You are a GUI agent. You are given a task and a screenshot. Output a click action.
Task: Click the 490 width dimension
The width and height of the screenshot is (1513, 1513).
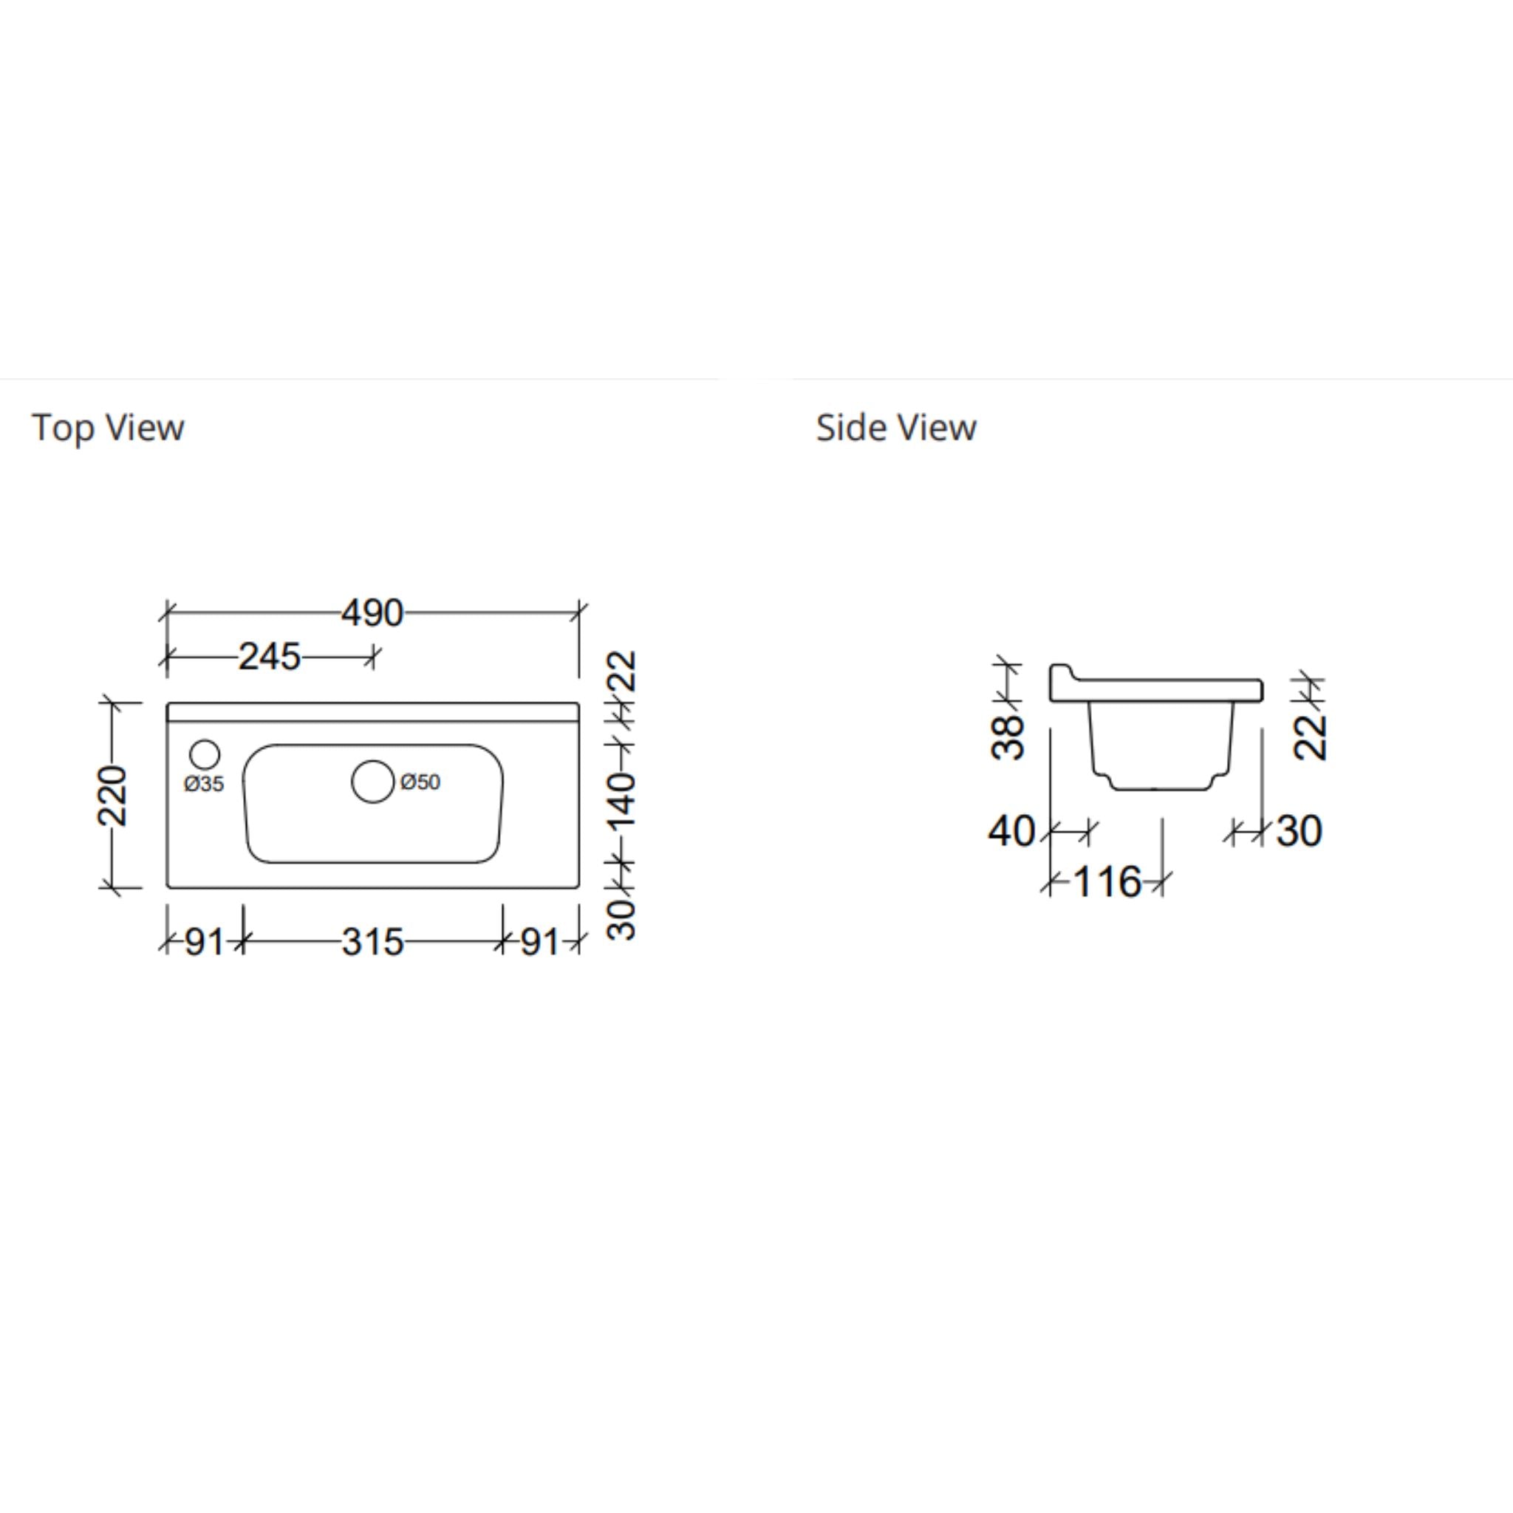click(x=372, y=613)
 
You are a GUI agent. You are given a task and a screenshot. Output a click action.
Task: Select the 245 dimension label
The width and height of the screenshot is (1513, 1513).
click(x=270, y=657)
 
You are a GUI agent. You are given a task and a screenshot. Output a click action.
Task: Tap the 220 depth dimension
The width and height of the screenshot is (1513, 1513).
click(x=112, y=796)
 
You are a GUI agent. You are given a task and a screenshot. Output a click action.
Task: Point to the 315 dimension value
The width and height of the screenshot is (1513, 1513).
click(x=372, y=942)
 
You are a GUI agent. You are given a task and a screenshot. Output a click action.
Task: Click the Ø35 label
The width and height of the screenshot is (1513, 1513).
click(x=204, y=783)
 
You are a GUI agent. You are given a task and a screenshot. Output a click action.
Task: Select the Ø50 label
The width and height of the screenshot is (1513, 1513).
click(x=420, y=782)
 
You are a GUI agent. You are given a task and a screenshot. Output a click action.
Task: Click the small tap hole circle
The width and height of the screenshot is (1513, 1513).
click(x=205, y=754)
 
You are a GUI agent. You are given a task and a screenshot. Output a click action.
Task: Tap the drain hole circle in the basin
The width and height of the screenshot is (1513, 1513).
click(x=373, y=782)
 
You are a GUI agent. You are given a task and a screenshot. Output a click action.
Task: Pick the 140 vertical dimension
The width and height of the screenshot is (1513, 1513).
click(x=624, y=801)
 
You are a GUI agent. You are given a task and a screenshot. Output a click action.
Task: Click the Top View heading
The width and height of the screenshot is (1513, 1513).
click(x=108, y=428)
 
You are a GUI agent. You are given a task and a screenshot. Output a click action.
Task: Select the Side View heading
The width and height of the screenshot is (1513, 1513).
click(x=896, y=428)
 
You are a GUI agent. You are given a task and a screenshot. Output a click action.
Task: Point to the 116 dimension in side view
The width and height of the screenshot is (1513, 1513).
click(x=1107, y=883)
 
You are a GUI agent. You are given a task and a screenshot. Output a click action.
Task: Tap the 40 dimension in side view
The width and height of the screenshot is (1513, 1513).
click(x=1012, y=831)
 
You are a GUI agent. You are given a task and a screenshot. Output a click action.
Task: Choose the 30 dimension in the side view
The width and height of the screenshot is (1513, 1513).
click(x=1299, y=831)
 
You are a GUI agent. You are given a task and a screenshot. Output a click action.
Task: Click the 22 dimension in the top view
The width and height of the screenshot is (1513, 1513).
click(x=624, y=670)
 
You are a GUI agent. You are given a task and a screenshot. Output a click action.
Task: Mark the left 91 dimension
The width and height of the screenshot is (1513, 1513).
click(x=205, y=942)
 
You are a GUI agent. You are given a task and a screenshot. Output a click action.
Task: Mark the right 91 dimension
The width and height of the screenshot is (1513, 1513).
click(x=540, y=942)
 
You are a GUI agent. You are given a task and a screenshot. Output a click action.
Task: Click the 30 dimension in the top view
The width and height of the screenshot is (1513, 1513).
click(x=624, y=918)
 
